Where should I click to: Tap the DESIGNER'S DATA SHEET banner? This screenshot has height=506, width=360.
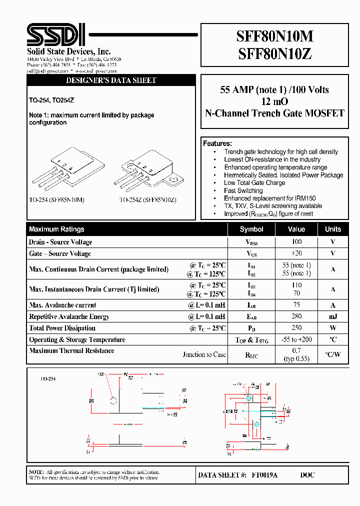pyautogui.click(x=111, y=80)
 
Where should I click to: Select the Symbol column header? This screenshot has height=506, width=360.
pyautogui.click(x=251, y=229)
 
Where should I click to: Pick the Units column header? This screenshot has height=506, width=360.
pyautogui.click(x=333, y=229)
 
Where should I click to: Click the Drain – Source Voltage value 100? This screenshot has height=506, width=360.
pyautogui.click(x=296, y=242)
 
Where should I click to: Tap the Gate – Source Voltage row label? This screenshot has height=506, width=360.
pyautogui.click(x=60, y=253)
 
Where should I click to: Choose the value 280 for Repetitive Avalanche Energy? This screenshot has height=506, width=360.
pyautogui.click(x=296, y=316)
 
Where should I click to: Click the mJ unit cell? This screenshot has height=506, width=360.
pyautogui.click(x=333, y=316)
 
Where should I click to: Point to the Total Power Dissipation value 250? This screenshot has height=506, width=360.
pyautogui.click(x=296, y=328)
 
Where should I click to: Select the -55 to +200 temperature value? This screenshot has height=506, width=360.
pyautogui.click(x=296, y=339)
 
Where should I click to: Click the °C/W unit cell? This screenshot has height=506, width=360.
pyautogui.click(x=333, y=354)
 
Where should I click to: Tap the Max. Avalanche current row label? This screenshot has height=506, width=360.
pyautogui.click(x=62, y=305)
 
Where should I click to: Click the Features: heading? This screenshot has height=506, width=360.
pyautogui.click(x=217, y=143)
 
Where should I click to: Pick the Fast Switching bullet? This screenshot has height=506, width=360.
pyautogui.click(x=243, y=190)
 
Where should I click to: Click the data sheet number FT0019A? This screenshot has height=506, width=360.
pyautogui.click(x=264, y=475)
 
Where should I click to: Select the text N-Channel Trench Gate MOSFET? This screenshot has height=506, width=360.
pyautogui.click(x=274, y=113)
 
